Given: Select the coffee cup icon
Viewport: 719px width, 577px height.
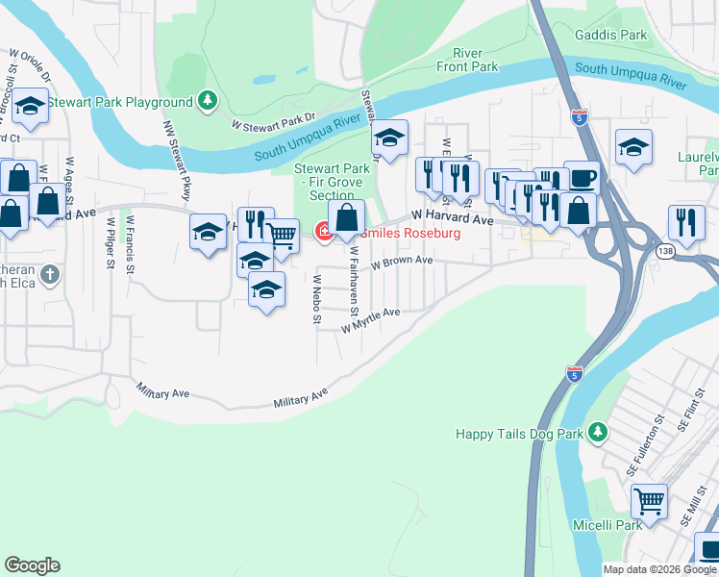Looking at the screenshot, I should (x=582, y=179).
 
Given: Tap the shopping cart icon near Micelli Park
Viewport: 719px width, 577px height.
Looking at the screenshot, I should (x=649, y=501).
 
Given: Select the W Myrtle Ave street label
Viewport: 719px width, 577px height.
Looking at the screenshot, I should (x=370, y=321).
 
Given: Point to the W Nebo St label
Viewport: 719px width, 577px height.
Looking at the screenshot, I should (x=316, y=299).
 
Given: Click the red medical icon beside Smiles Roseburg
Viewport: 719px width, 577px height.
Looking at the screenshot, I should (x=323, y=232).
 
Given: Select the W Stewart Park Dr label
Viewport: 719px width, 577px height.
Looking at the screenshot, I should (x=273, y=122).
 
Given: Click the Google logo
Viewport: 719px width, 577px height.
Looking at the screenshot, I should (x=32, y=565).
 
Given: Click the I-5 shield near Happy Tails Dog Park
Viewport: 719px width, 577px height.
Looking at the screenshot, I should (x=575, y=373).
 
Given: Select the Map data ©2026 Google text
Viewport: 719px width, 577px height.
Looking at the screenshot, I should (x=658, y=569).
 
